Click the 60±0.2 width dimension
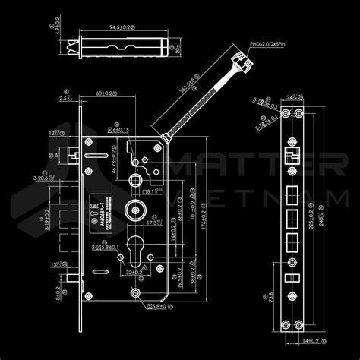coord(106,94)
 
